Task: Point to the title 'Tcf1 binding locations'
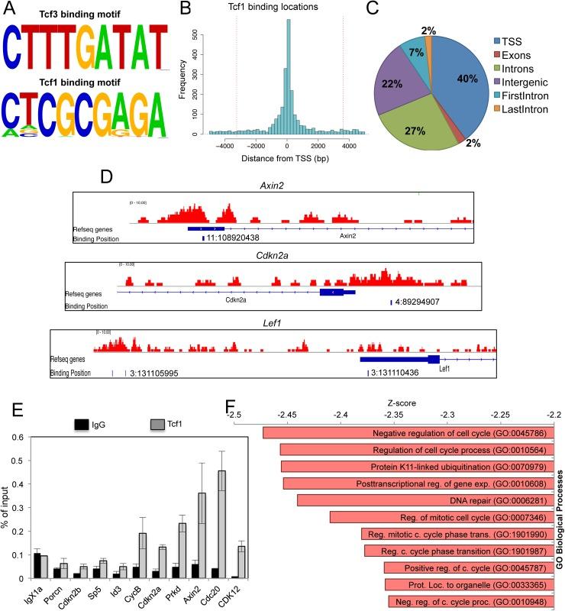(x=287, y=10)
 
